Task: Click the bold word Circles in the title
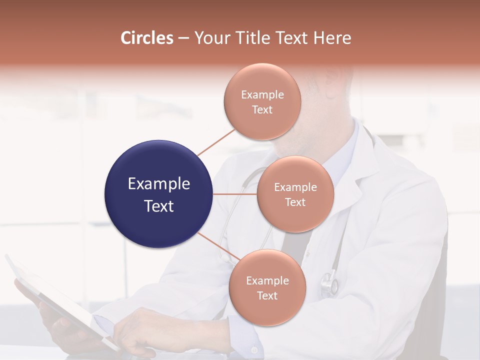(x=146, y=38)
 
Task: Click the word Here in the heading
(x=332, y=38)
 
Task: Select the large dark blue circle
(x=159, y=194)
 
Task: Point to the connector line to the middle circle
(x=235, y=194)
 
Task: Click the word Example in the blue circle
(x=159, y=184)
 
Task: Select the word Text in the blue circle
(x=159, y=206)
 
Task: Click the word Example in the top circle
(x=262, y=95)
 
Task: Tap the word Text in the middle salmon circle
(x=295, y=202)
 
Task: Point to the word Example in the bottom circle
(x=267, y=281)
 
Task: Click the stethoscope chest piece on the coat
(x=329, y=283)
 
